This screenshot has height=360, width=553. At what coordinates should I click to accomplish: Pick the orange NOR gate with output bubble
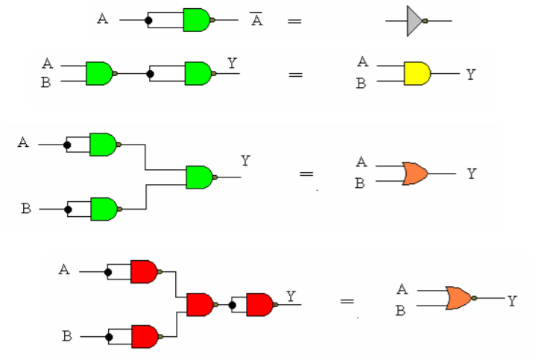[458, 298]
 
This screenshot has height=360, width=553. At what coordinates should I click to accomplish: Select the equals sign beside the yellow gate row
[297, 74]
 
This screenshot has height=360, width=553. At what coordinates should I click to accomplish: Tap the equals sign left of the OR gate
[306, 174]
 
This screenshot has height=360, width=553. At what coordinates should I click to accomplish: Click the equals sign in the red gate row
[347, 302]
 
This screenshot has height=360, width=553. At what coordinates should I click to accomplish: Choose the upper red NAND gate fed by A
[145, 271]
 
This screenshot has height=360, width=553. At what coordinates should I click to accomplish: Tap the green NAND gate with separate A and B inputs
[99, 73]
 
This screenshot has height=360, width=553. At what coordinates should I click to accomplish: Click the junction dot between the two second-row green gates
[151, 74]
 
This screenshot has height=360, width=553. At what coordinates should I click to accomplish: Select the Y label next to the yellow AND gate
[470, 75]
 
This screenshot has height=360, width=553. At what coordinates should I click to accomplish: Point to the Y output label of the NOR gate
[513, 300]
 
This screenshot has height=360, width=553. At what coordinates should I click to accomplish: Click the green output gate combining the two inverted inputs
[199, 177]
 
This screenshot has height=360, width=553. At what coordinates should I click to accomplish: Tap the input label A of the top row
[102, 18]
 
